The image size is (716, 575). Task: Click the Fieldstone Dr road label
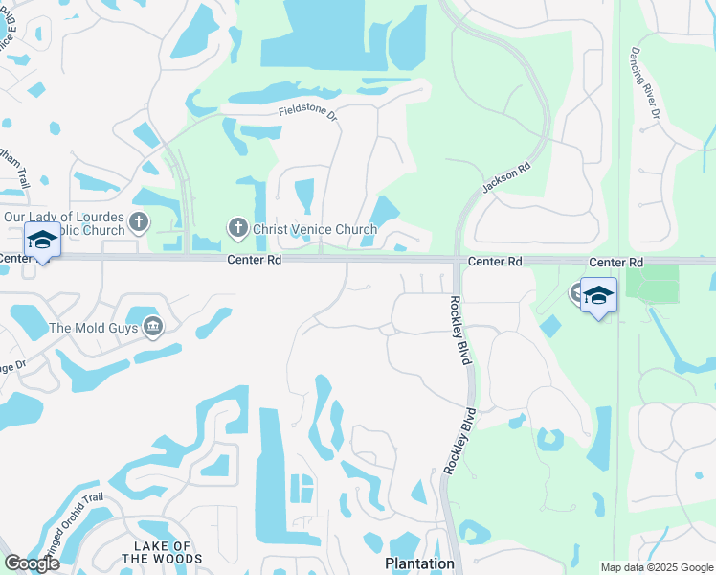[x=308, y=112]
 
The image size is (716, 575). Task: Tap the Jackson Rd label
[x=506, y=179]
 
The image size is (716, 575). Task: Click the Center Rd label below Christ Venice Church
[x=253, y=260]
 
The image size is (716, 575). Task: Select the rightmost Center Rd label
[x=615, y=262]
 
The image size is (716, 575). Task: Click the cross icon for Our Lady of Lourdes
[x=139, y=223]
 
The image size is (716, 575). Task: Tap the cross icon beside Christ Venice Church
[x=237, y=228]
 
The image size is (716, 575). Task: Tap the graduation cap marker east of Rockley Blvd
[x=598, y=295]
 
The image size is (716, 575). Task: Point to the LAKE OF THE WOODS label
[x=162, y=552]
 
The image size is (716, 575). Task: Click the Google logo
[x=32, y=563]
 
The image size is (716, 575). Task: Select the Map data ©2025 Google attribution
[x=656, y=567]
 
